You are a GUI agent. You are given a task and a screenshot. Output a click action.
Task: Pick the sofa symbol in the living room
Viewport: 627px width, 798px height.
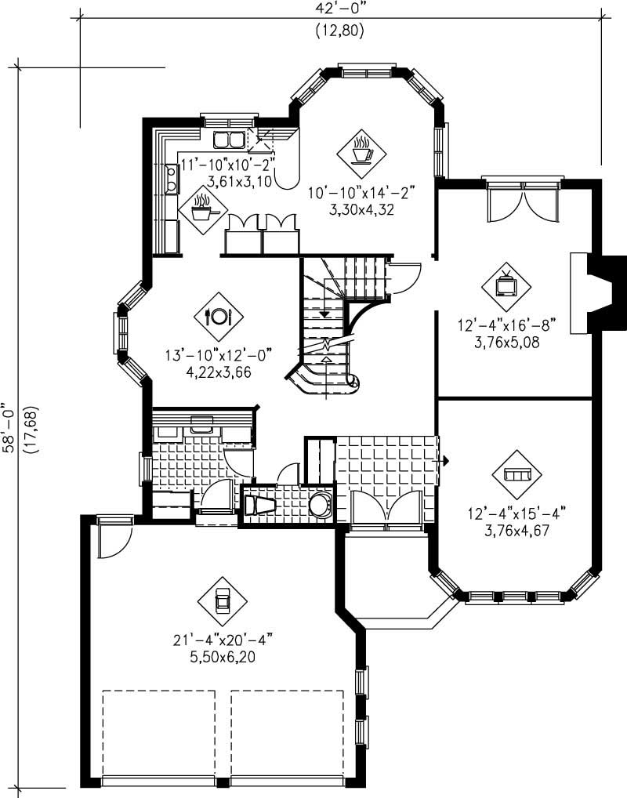coord(516,475)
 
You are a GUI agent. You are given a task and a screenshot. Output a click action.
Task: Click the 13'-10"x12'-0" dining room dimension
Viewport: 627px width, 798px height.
coord(219,356)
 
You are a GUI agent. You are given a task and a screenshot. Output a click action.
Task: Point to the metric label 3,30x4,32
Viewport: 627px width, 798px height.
coord(361,209)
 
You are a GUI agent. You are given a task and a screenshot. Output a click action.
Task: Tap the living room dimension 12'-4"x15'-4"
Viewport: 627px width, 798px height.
coord(515,513)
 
